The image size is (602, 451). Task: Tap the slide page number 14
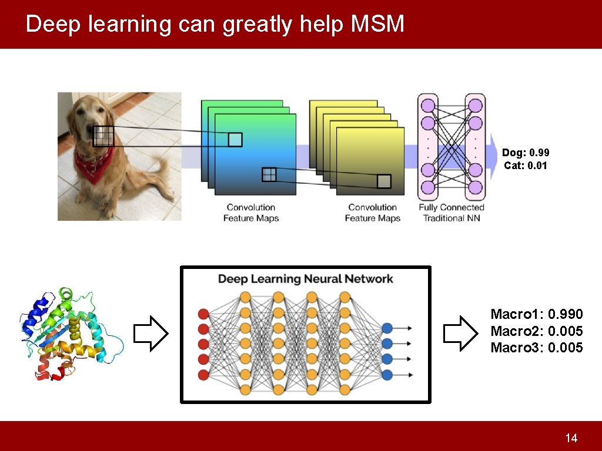(571, 438)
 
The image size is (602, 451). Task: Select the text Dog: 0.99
(526, 153)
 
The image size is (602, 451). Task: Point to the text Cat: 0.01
(526, 166)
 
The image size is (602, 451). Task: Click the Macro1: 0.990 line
(537, 314)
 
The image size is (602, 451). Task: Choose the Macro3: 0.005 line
(537, 348)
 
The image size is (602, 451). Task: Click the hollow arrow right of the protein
(151, 334)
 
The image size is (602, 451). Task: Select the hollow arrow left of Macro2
(460, 333)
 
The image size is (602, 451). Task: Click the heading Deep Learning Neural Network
(305, 279)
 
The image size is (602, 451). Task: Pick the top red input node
(204, 313)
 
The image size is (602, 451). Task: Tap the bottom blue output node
(387, 374)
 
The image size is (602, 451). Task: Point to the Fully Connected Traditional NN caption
(451, 213)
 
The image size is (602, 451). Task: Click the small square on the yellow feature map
(384, 181)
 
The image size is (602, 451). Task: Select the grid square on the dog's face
(103, 136)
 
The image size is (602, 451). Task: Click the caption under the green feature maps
(251, 213)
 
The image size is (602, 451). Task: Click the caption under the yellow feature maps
(373, 213)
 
